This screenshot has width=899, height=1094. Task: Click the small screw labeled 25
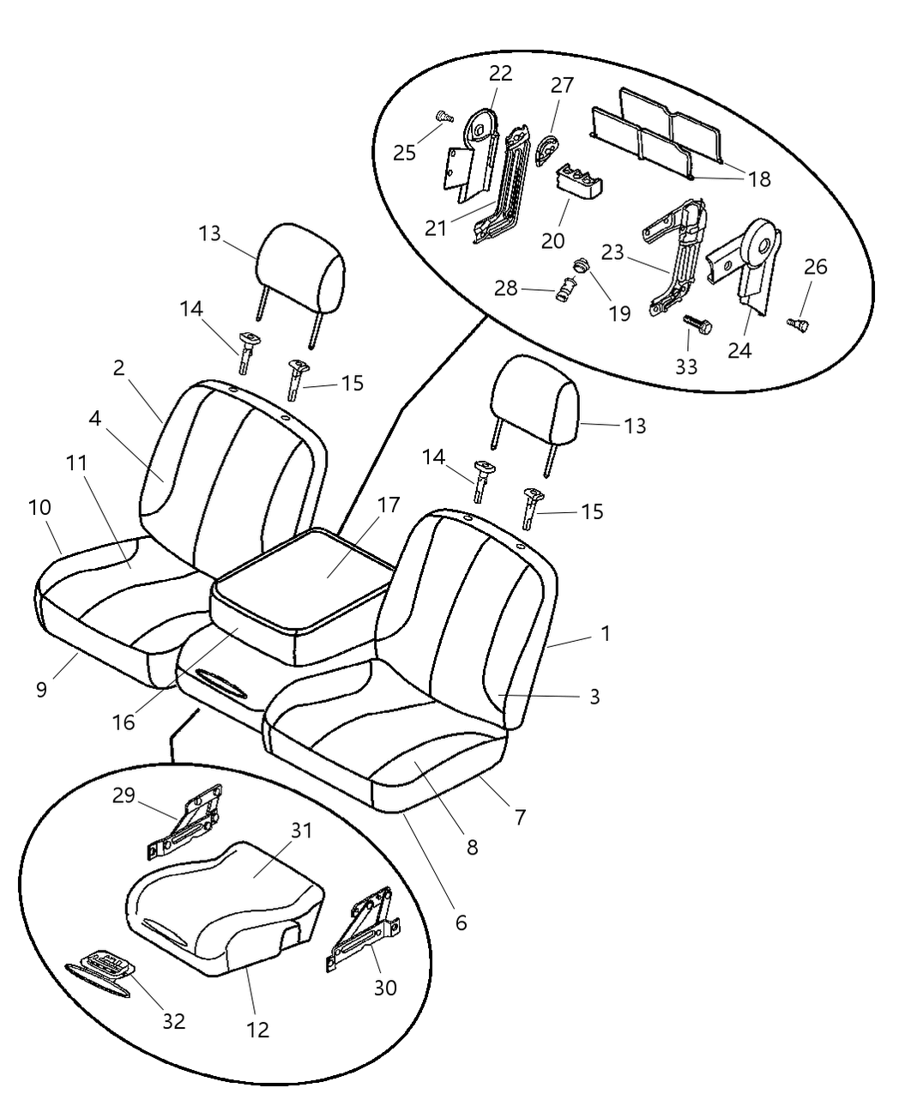(443, 116)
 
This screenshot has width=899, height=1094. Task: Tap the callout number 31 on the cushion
(300, 831)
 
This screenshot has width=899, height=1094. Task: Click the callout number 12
(257, 1030)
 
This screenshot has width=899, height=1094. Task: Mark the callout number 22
(500, 73)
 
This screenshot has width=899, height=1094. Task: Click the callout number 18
(759, 178)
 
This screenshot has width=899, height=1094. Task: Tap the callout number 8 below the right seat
(472, 847)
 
